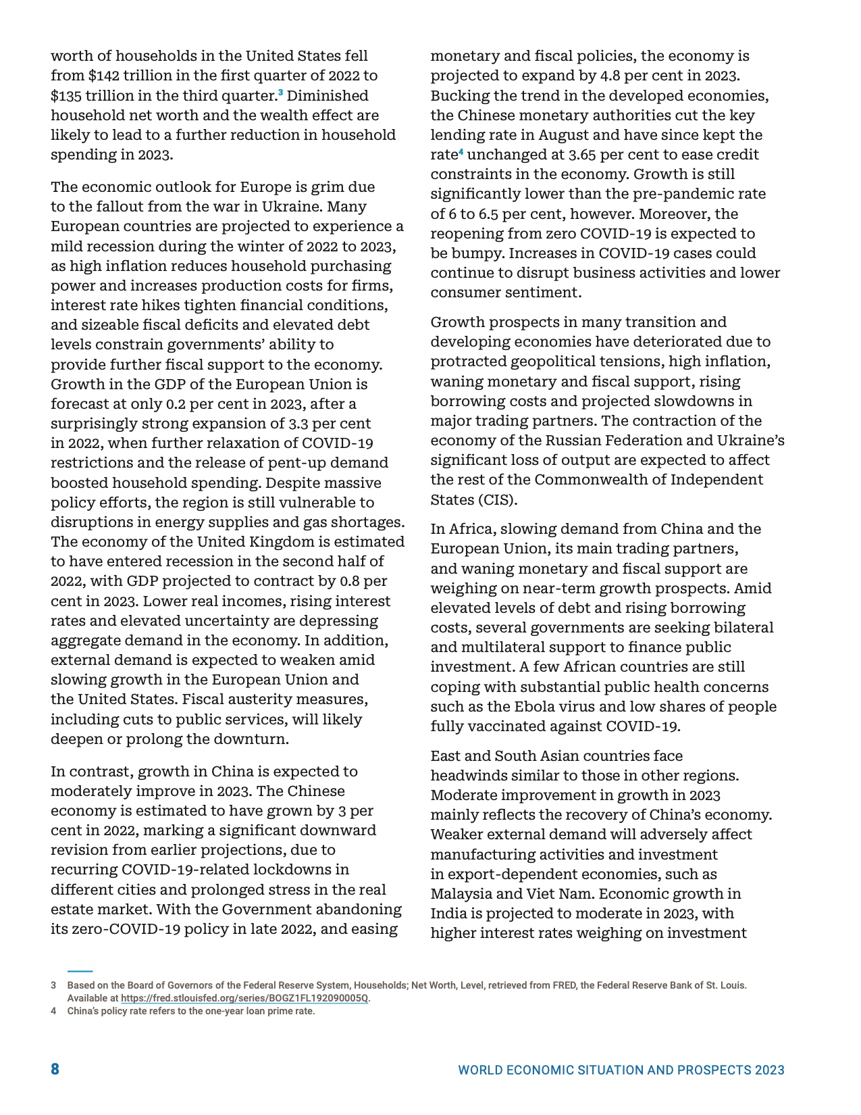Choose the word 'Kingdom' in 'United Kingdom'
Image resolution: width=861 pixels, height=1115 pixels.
coord(281,541)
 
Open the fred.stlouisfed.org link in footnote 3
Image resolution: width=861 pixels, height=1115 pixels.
coord(245,998)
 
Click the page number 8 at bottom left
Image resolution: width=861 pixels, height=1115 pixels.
coord(55,1069)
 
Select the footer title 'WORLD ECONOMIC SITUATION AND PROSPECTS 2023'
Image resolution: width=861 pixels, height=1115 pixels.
coord(621,1070)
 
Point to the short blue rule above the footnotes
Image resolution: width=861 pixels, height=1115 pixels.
coord(80,971)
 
